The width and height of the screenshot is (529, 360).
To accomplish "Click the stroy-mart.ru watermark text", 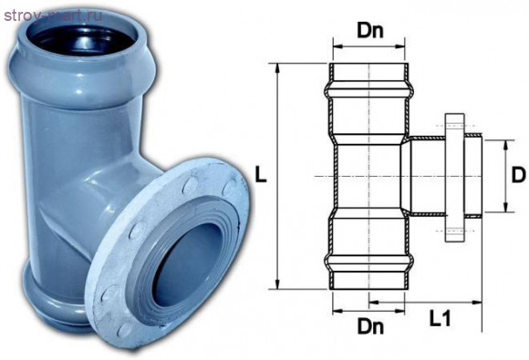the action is (x=54, y=15).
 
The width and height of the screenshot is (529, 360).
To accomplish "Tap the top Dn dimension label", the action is (x=370, y=31).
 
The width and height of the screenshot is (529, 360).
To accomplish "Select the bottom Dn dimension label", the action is (x=370, y=326).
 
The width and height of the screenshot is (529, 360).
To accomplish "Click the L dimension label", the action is (x=261, y=175).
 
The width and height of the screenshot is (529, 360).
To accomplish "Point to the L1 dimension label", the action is (x=440, y=318).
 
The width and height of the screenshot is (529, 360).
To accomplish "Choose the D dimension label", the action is (x=518, y=175).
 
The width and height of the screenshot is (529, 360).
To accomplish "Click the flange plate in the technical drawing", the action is (x=455, y=178).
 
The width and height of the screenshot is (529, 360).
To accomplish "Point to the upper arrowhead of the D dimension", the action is (x=505, y=145).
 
